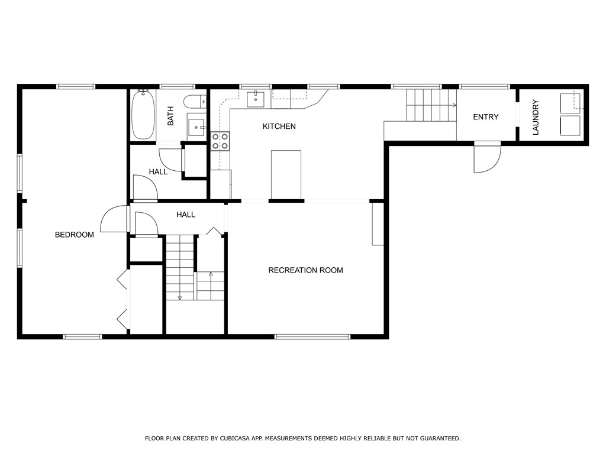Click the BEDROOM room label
coord(74,235)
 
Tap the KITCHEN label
coord(279,127)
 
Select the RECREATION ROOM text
coord(306,270)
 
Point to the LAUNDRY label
coord(536,118)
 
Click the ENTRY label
coord(486,117)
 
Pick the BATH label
coord(170,116)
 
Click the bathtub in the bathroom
coord(143,115)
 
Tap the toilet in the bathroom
coord(195,102)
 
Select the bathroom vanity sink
coord(197,127)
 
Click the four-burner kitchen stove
coord(220,141)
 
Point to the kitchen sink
coord(256,99)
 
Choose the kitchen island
coord(286,174)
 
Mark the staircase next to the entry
coord(431,105)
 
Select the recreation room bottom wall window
coord(312,336)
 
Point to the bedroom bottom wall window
coord(82,336)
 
